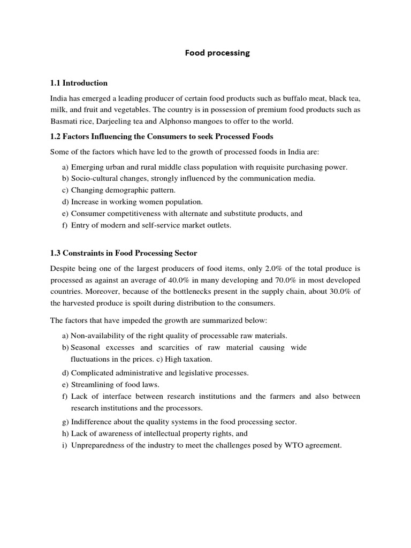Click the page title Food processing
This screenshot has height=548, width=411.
click(217, 53)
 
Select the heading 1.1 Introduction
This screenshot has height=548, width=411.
click(79, 83)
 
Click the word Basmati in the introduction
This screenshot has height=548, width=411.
click(63, 121)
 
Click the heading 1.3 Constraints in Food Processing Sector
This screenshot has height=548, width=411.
click(124, 253)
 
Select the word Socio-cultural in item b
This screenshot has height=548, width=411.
click(94, 178)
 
